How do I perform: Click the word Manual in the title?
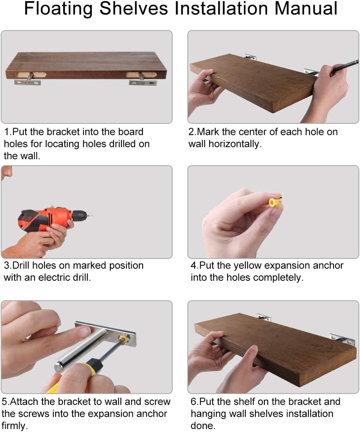click(x=306, y=8)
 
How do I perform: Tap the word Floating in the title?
click(x=59, y=9)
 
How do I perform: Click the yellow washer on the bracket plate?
click(x=123, y=339)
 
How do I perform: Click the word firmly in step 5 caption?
click(x=15, y=426)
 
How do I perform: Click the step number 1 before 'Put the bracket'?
click(x=6, y=132)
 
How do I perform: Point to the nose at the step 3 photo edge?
click(x=6, y=173)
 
